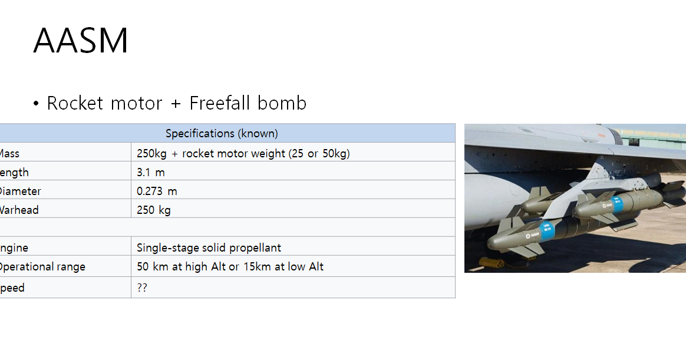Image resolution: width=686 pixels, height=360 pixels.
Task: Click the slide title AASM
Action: tap(81, 41)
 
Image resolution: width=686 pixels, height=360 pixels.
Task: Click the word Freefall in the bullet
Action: tap(219, 103)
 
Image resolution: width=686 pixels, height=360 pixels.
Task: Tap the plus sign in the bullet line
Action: tap(176, 104)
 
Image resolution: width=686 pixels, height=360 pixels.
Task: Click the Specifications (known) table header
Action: tap(222, 133)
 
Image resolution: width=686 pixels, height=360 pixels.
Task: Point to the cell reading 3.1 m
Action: tap(151, 173)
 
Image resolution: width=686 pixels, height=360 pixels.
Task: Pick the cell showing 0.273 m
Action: tap(157, 191)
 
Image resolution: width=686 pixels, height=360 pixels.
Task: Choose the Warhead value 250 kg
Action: tap(154, 210)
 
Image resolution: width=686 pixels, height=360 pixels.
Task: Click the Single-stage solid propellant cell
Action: tap(209, 247)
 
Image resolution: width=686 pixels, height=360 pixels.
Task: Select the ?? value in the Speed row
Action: tap(142, 289)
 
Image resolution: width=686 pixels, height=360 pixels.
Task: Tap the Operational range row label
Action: tap(41, 267)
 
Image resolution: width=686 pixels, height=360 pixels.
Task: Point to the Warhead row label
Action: tap(19, 210)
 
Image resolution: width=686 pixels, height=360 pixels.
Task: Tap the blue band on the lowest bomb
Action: tap(548, 230)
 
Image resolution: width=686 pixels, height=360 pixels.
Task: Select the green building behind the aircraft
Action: tap(654, 136)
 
